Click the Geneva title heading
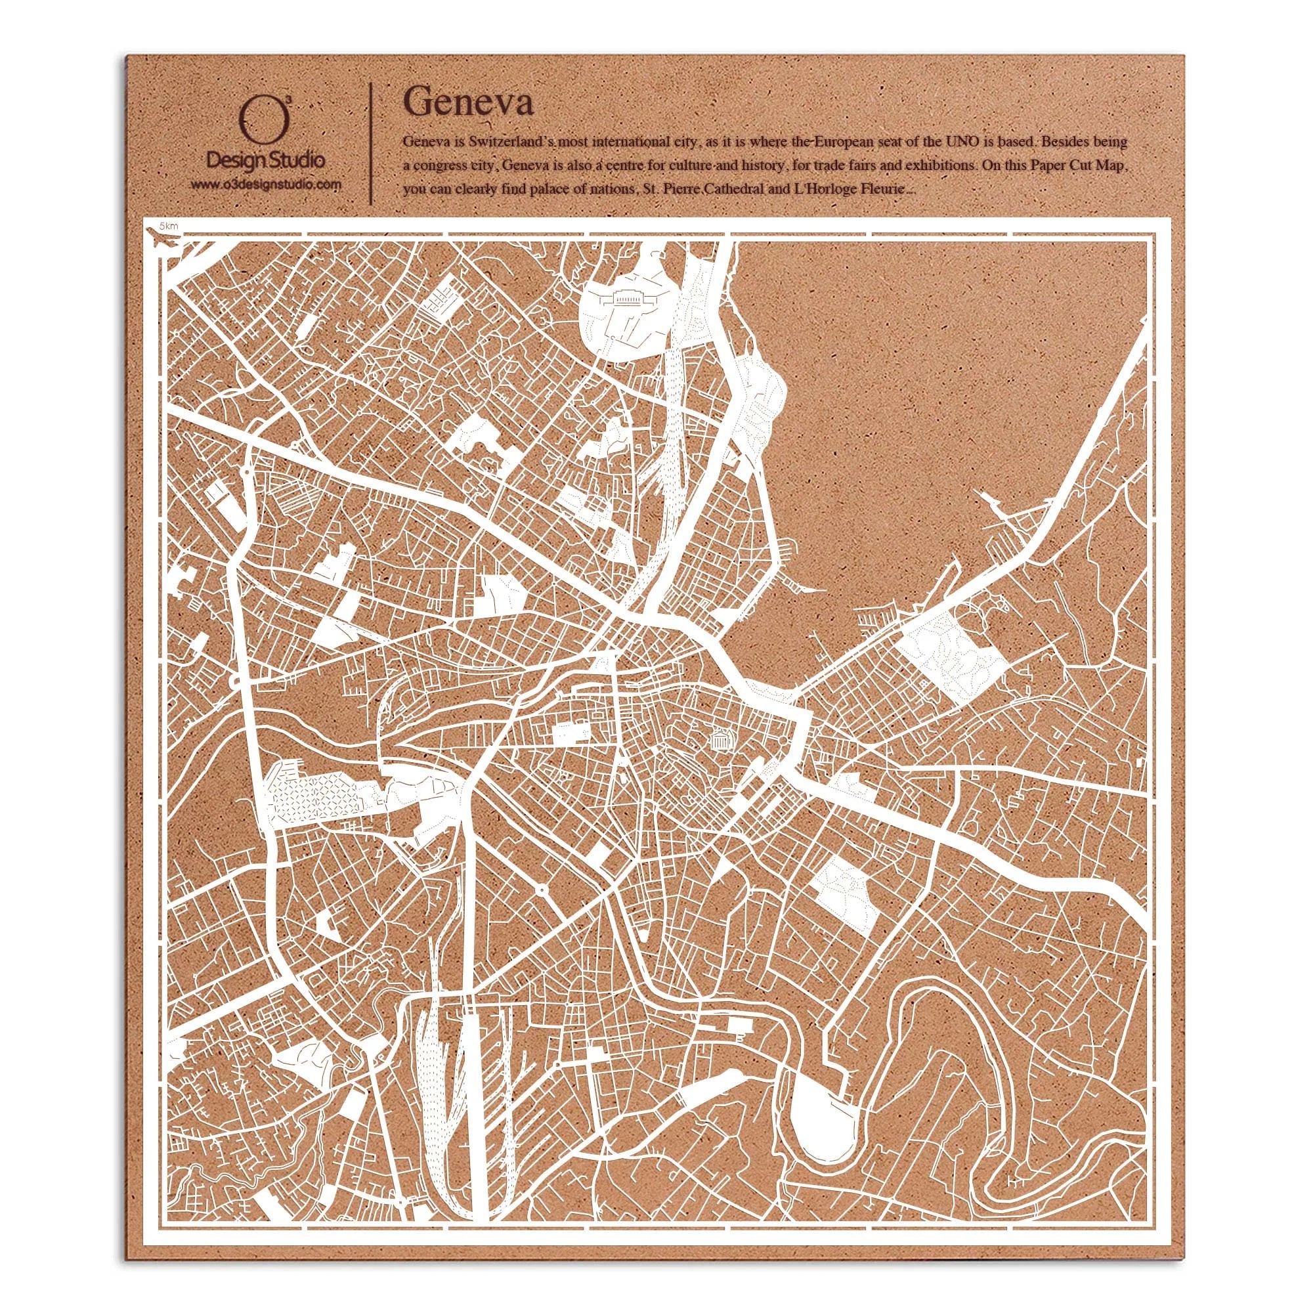click(x=468, y=103)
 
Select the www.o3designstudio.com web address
click(x=265, y=184)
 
